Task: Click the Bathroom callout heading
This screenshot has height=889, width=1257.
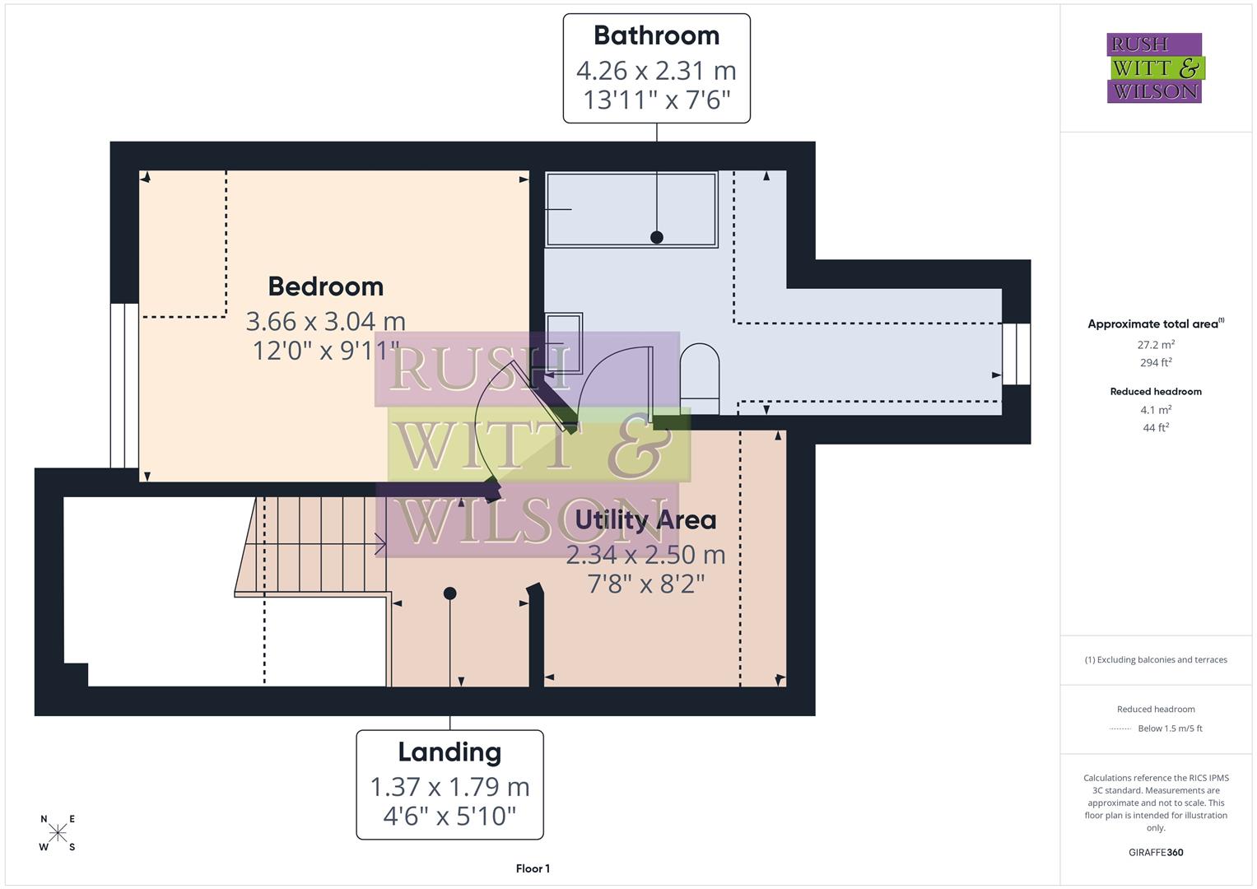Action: tap(656, 35)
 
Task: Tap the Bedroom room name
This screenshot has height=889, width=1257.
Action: tap(326, 286)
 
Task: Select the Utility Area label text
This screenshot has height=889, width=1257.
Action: tap(645, 520)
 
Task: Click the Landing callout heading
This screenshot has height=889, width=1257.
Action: tap(449, 752)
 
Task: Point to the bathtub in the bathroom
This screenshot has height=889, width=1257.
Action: tap(631, 209)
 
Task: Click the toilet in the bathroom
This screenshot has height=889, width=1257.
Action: tap(700, 379)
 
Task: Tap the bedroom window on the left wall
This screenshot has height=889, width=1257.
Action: tap(124, 385)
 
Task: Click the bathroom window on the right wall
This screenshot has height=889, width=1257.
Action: tap(1017, 354)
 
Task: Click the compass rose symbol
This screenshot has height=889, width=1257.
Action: tap(58, 833)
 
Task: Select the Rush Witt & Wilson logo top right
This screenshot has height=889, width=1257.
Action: tap(1155, 68)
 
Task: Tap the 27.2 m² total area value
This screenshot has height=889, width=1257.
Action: tap(1156, 345)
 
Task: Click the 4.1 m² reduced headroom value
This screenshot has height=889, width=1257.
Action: tap(1156, 410)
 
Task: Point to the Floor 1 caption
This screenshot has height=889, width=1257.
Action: tap(533, 868)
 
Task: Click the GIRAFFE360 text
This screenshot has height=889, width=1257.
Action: tap(1156, 852)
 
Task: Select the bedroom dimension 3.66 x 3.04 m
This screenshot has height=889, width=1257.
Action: tap(326, 321)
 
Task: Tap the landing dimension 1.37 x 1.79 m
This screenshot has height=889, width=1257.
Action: tap(449, 787)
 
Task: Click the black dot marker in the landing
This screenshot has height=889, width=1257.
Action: tap(449, 593)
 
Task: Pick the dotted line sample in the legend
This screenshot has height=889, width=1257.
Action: tap(1120, 728)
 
